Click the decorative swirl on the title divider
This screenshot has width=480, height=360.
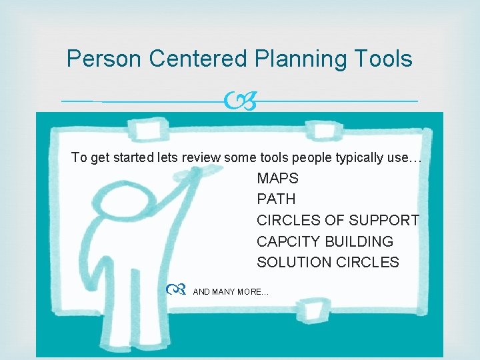pyautogui.click(x=240, y=101)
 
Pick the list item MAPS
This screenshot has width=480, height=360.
pyautogui.click(x=277, y=179)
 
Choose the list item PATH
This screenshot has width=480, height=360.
pyautogui.click(x=276, y=199)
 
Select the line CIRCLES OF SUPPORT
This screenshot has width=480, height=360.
pyautogui.click(x=338, y=220)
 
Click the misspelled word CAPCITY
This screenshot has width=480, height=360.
pyautogui.click(x=286, y=241)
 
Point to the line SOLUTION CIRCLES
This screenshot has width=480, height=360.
pyautogui.click(x=328, y=263)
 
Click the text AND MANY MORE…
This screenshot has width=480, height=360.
pyautogui.click(x=231, y=292)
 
